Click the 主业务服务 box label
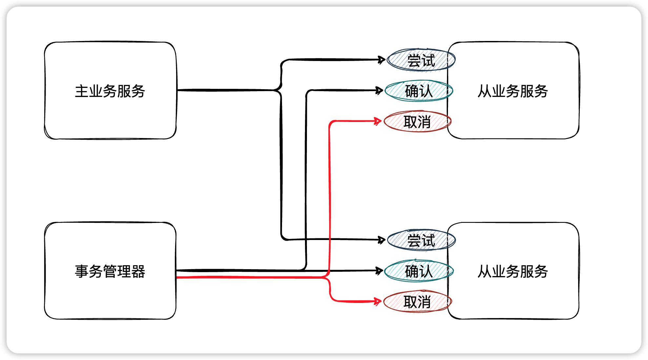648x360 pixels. pos(110,91)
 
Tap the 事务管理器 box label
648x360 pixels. pos(110,271)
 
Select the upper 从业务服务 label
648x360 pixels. pos(513,91)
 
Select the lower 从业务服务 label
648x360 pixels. pos(513,271)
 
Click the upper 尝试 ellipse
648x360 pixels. pos(421,60)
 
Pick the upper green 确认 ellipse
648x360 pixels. pos(419,91)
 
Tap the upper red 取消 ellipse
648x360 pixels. pos(417,122)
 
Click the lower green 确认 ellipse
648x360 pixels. pos(419,271)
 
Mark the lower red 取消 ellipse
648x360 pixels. pos(417,302)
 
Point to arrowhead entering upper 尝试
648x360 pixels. pos(382,60)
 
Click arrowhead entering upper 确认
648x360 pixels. pos(379,90)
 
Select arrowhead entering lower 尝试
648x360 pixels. pos(382,240)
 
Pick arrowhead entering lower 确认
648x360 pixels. pos(379,270)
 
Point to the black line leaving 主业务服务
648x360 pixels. pos(226,90)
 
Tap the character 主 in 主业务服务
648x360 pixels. pos(82,91)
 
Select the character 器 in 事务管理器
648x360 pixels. pos(138,271)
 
